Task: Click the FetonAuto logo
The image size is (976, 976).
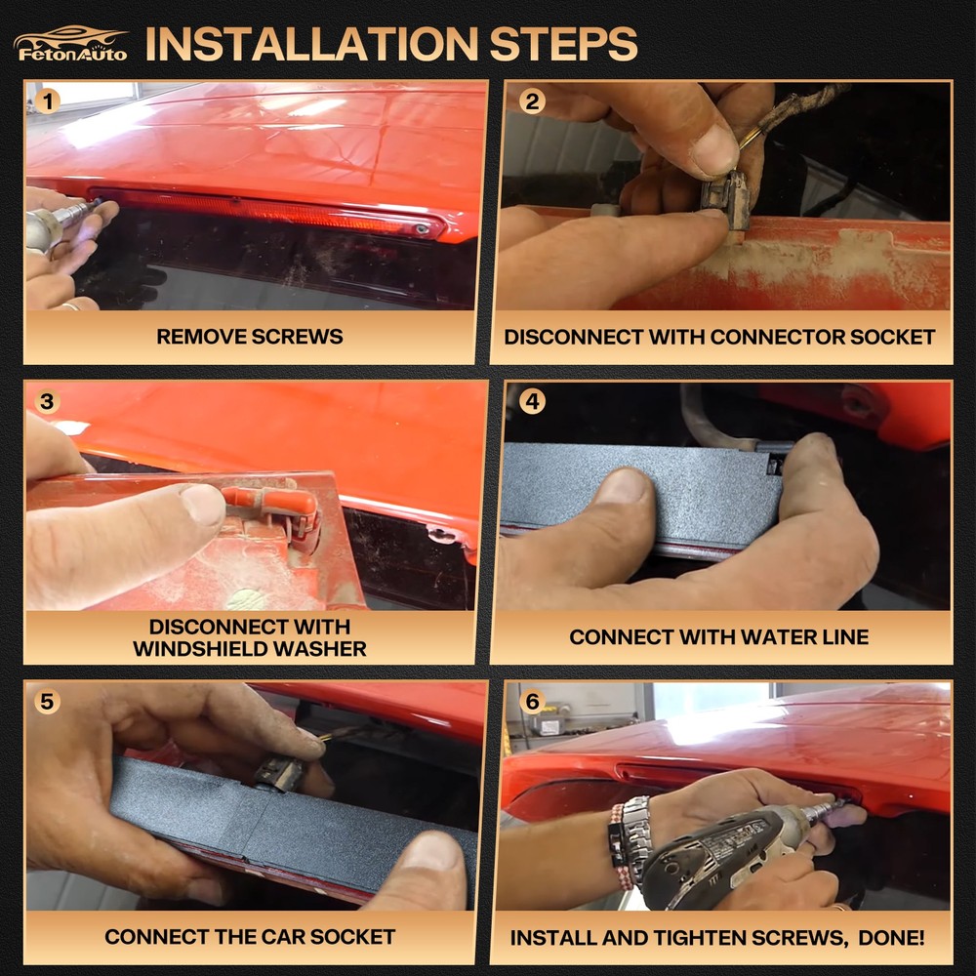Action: click(x=70, y=44)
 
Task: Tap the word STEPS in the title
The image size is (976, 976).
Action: click(x=563, y=44)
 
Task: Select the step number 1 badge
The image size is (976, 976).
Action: click(x=47, y=101)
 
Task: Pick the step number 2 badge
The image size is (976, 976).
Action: click(x=532, y=101)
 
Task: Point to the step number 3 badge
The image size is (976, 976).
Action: click(x=47, y=401)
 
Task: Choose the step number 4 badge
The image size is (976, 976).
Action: click(x=532, y=401)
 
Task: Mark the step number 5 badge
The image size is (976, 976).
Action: click(x=47, y=702)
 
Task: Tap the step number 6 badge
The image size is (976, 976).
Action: click(x=532, y=702)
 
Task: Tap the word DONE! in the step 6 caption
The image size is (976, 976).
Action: click(x=891, y=937)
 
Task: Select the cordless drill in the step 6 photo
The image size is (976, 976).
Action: click(x=735, y=856)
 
